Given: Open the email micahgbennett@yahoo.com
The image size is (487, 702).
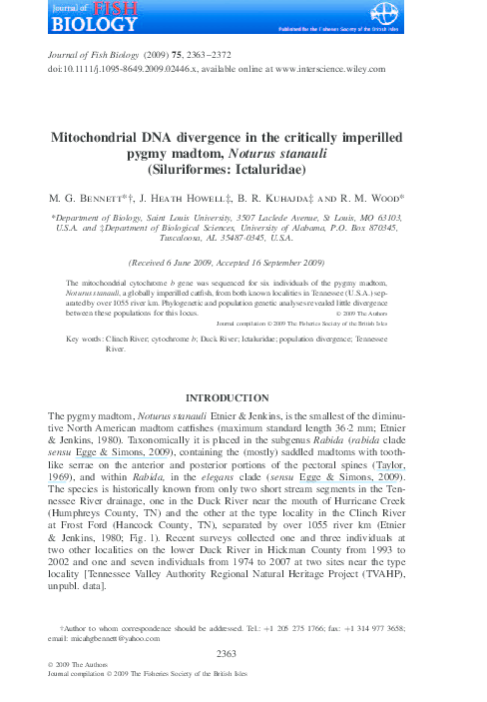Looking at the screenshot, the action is [x=103, y=637].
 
